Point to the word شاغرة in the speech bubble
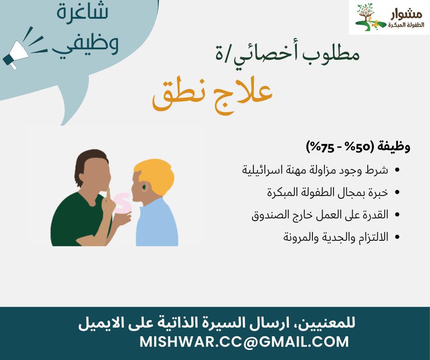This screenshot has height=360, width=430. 82,12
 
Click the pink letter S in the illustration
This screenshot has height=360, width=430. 123,203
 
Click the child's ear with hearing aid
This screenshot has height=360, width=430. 144,187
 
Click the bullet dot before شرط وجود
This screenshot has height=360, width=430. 397,170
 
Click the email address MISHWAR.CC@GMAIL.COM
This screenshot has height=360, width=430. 244,342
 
